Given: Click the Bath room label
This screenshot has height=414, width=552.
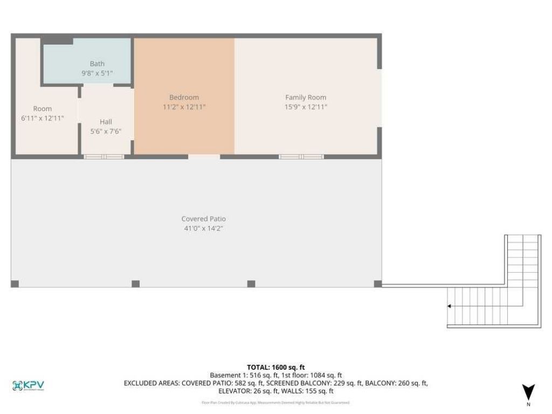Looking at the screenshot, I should point(97,64).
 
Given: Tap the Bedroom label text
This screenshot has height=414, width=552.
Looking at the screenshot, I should point(184,98).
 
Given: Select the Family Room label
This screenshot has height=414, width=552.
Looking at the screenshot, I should point(306,98).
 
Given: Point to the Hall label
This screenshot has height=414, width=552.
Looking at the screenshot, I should point(106,122).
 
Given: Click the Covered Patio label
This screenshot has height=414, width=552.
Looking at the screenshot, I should point(203,219).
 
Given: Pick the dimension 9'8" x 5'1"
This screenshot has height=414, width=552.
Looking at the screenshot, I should point(97,73).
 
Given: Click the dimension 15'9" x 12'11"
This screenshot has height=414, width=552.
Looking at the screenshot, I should point(306,107).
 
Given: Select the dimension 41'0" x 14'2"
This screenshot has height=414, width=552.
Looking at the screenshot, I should point(203,229).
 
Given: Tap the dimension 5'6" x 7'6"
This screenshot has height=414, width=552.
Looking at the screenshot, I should point(106,131).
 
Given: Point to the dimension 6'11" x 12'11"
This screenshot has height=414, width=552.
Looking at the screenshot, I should point(43,118).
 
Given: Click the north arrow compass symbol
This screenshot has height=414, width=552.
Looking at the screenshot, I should point(529,392).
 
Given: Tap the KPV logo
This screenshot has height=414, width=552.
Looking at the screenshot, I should point(28,385).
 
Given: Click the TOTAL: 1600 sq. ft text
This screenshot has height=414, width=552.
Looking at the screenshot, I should point(276,367).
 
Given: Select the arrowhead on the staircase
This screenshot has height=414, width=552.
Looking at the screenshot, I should point(449,306).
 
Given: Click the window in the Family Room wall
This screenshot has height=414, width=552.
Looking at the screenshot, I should point(301,156).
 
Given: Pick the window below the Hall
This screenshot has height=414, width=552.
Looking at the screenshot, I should point(103,156).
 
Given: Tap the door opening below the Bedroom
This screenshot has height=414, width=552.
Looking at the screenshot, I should point(204,156).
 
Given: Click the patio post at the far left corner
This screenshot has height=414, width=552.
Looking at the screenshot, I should point(15,284).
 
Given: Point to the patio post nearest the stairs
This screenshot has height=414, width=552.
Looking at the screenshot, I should point(378,284).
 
